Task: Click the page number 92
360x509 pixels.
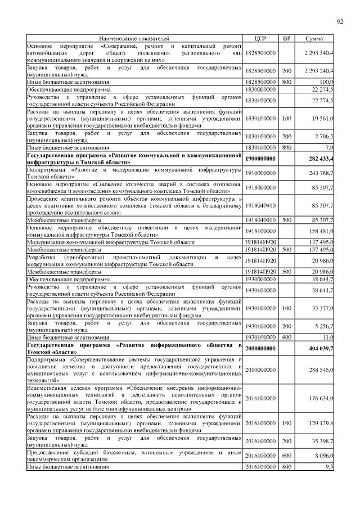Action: [340, 21]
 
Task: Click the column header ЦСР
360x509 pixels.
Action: [259, 38]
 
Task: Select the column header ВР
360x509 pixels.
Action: [286, 38]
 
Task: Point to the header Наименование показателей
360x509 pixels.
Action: [133, 38]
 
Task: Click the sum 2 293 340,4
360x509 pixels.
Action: [318, 52]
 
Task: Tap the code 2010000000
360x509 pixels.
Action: [259, 370]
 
